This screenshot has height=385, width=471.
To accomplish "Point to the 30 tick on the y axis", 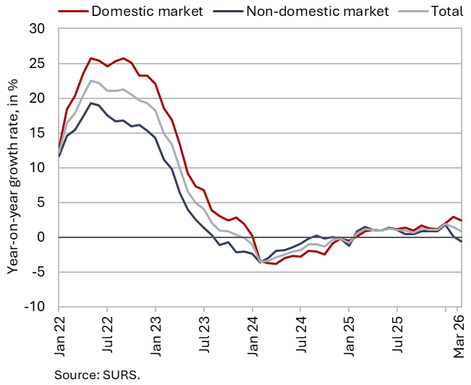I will [x=37, y=29].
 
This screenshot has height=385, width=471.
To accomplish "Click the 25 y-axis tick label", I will [x=37, y=64].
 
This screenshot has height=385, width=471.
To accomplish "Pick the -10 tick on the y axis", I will [x=34, y=307].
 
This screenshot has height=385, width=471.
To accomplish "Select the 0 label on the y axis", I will [x=41, y=237].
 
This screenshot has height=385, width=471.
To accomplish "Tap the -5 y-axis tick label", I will [x=37, y=272].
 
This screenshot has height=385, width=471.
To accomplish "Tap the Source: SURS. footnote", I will [x=97, y=375].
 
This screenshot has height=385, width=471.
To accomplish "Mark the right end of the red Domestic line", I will [x=462, y=221].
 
